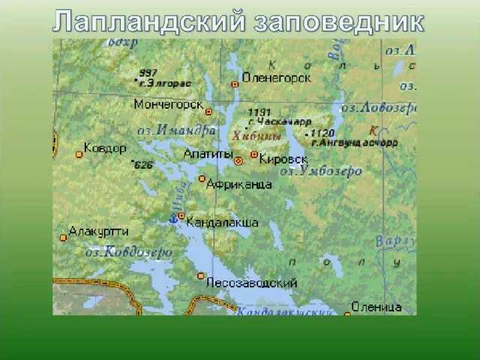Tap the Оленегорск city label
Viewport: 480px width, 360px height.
point(276,77)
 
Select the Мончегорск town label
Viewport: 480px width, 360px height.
point(168,104)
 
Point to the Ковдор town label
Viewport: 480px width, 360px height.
point(105,148)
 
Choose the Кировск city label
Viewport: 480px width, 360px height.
point(284,159)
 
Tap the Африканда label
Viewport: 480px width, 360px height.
point(238,184)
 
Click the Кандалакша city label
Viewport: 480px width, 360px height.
point(222,222)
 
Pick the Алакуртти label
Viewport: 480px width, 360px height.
point(99,231)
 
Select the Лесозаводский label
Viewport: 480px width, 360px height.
point(251,283)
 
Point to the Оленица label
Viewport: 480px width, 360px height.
point(377,307)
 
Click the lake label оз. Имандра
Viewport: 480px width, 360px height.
point(177,130)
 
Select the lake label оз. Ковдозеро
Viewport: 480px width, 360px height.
point(129,252)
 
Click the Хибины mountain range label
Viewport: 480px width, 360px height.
point(256,136)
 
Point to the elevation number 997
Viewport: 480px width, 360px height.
point(148,73)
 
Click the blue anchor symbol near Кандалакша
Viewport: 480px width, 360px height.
point(172,218)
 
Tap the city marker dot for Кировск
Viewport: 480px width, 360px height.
point(254,154)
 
